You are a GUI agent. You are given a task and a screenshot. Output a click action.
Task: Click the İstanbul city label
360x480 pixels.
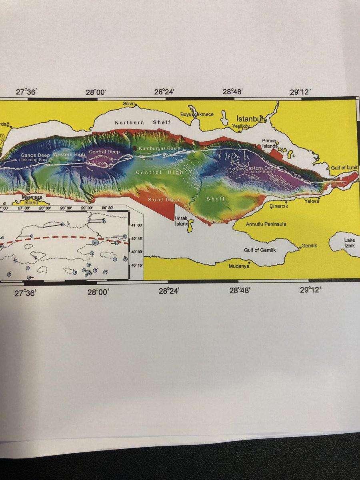249,119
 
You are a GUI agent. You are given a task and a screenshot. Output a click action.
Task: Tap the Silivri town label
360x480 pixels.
129,104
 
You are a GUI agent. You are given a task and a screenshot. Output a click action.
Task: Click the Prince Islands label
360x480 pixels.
270,143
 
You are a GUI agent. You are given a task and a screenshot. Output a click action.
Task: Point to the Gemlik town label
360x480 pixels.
309,246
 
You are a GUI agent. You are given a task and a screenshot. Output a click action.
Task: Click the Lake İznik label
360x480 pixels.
349,242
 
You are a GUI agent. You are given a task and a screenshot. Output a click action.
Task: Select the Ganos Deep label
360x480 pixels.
32,154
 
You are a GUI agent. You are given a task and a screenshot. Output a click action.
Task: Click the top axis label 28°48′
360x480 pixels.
233,92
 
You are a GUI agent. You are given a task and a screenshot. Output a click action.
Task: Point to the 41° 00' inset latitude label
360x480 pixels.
137,225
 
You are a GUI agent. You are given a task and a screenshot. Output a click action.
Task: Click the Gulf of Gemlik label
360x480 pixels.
260,250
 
